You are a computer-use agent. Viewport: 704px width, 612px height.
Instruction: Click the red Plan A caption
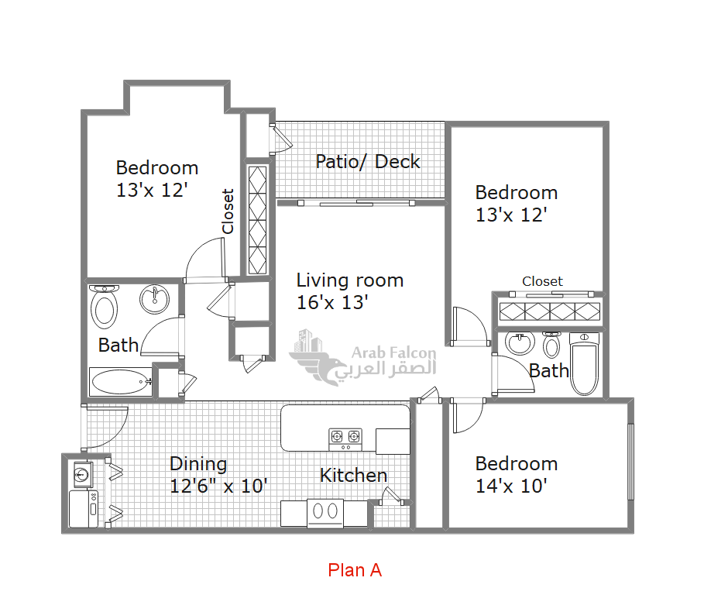tap(355, 570)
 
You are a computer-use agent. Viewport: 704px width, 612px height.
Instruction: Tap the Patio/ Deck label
tap(368, 162)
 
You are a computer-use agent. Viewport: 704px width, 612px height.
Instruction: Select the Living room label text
tap(350, 280)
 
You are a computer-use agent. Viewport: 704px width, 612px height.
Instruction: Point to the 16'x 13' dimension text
tap(332, 303)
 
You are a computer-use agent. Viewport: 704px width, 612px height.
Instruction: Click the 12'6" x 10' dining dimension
tap(218, 486)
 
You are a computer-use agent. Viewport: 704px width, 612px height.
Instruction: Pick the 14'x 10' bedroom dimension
tap(511, 486)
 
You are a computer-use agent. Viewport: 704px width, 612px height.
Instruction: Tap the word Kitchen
tap(353, 475)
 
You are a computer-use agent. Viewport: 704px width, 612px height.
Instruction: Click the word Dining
tap(198, 464)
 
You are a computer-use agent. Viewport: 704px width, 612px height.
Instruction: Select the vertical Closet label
tap(228, 211)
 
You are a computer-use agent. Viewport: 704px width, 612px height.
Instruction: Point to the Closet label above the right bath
tap(542, 281)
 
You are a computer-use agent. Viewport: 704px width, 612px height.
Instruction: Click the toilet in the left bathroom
tap(104, 306)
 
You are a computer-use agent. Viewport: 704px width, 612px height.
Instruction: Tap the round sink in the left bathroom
tap(154, 300)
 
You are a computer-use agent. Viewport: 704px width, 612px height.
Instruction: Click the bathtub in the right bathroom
tap(584, 363)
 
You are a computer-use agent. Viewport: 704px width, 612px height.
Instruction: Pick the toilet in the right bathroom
tap(551, 345)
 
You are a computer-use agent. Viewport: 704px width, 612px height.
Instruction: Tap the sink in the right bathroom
tap(520, 343)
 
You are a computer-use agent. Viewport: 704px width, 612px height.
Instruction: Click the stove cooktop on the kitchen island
tap(345, 439)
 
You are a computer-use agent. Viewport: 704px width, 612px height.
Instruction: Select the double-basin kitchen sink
tap(325, 513)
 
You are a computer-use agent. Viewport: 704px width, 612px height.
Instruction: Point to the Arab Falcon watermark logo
tap(362, 357)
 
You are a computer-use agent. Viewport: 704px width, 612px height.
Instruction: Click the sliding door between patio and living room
tap(356, 203)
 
